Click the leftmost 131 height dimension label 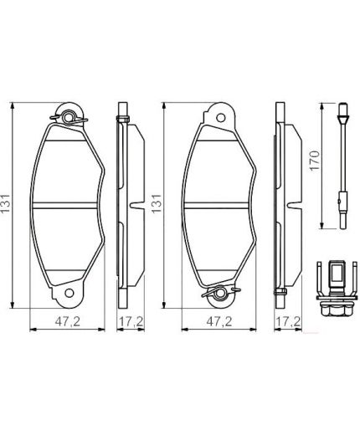coord(8,203)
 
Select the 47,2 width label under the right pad coord(219,320)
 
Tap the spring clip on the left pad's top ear coord(70,116)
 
